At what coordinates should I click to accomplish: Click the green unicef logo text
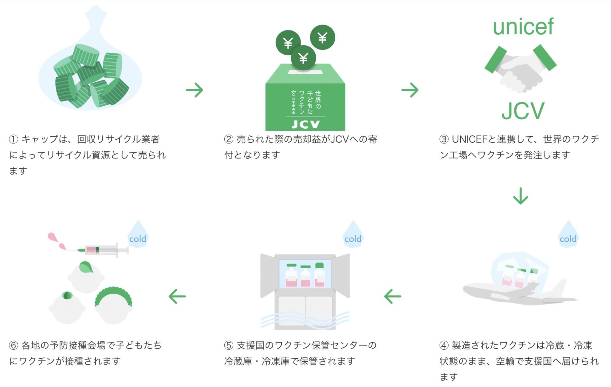click(x=523, y=27)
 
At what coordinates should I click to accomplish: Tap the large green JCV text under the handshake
click(x=523, y=111)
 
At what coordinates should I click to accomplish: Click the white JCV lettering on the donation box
click(x=305, y=124)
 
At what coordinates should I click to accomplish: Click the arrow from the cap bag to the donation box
click(x=195, y=90)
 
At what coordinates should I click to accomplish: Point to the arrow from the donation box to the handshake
click(x=410, y=90)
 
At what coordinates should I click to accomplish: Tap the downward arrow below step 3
click(x=521, y=196)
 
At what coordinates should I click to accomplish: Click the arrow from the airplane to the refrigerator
click(x=393, y=296)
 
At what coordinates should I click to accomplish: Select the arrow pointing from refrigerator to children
click(x=177, y=296)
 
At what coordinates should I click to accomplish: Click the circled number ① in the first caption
click(x=13, y=139)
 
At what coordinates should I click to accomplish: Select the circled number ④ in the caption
click(x=444, y=345)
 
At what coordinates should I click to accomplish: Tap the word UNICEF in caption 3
click(x=470, y=139)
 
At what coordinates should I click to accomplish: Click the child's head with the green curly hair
click(x=113, y=306)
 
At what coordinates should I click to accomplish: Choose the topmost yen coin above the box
click(x=323, y=37)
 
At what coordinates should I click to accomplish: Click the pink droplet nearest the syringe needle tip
click(x=63, y=246)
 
